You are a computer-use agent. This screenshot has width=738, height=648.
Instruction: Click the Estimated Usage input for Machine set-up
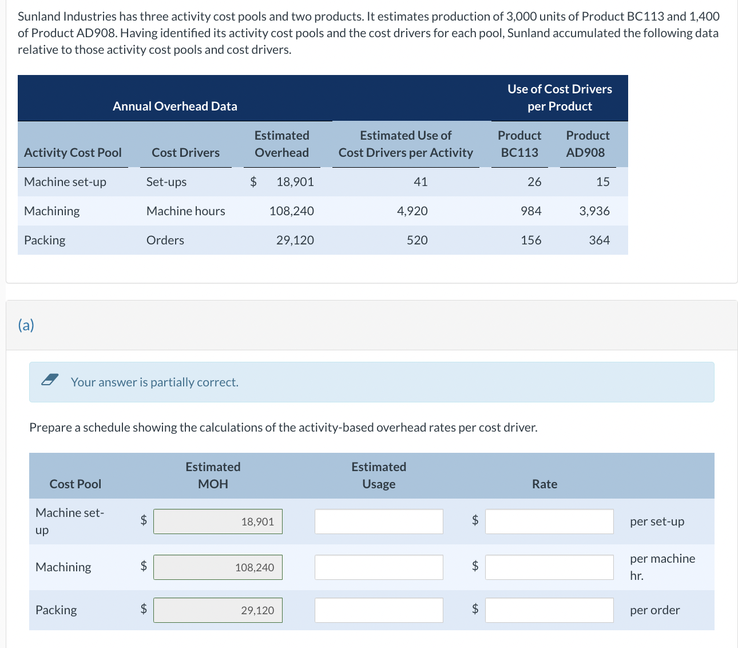click(379, 521)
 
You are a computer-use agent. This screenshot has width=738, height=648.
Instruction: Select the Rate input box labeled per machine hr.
click(549, 567)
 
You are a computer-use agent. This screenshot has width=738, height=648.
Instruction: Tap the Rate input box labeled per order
click(549, 610)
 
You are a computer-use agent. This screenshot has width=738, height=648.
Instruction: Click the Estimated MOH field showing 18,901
click(218, 521)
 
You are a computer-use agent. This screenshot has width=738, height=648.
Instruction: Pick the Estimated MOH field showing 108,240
click(218, 567)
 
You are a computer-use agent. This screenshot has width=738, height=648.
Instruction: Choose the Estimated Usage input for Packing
click(379, 610)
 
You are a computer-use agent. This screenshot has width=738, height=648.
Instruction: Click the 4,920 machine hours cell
click(412, 211)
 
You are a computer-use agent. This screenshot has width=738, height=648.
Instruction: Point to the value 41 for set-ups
click(420, 182)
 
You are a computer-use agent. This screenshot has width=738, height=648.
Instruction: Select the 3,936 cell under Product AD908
click(594, 211)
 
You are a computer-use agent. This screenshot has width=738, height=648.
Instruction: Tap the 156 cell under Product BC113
click(531, 240)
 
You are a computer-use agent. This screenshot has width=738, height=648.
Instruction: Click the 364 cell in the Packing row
click(599, 240)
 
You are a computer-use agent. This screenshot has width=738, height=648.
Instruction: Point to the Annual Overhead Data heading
click(174, 106)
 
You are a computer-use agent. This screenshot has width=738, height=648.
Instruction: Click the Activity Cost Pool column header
click(73, 153)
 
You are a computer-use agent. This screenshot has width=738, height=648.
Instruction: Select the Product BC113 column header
click(519, 144)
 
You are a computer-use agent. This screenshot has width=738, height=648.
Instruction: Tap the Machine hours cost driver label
click(185, 211)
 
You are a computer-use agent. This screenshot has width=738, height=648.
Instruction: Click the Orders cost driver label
click(165, 240)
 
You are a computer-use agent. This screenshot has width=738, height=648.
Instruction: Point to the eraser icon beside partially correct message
click(50, 380)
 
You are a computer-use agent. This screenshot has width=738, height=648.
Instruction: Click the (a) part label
click(26, 325)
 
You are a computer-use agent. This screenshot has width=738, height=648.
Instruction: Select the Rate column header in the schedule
click(544, 484)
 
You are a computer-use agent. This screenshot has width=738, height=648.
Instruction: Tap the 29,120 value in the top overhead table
click(295, 240)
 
